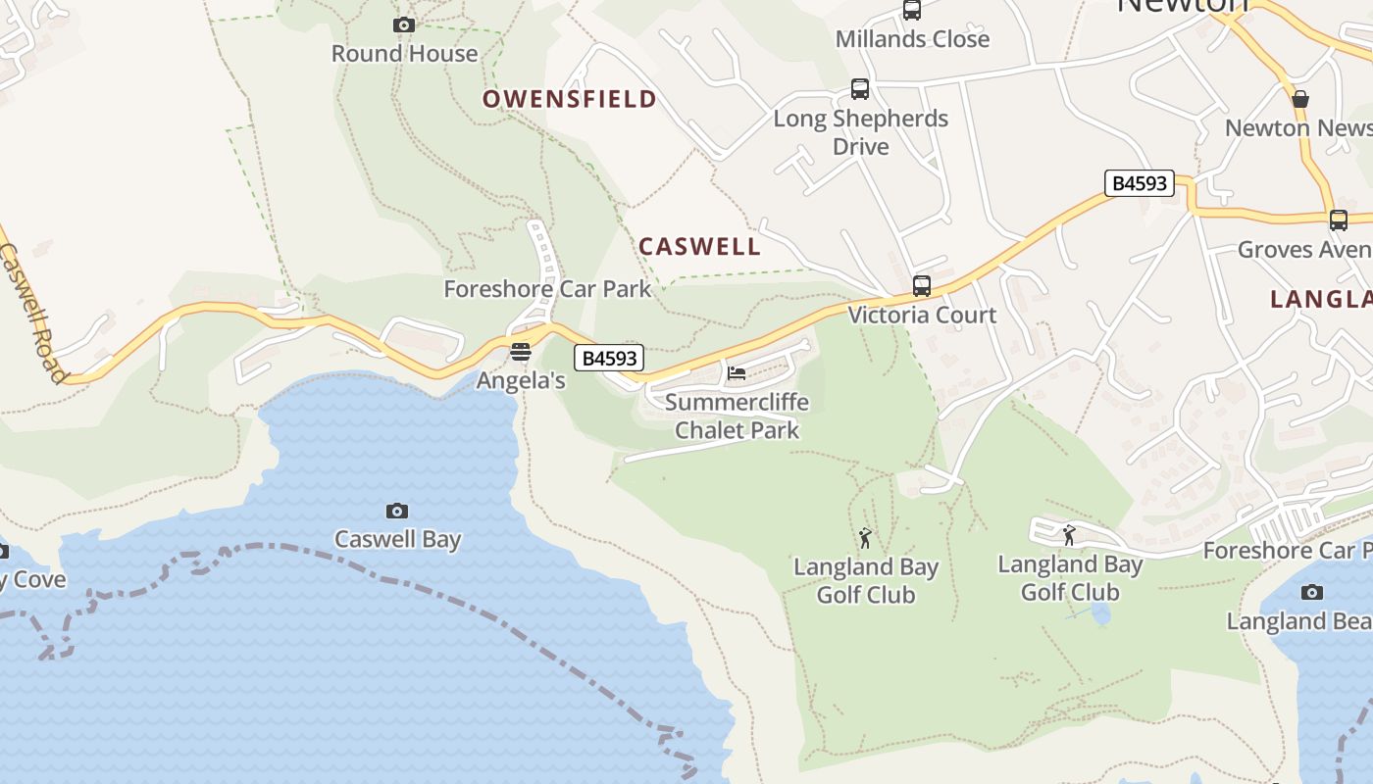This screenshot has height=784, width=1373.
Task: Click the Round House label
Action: (x=404, y=54)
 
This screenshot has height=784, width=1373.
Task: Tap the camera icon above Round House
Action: (x=404, y=24)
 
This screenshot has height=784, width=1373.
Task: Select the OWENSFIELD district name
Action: (x=569, y=99)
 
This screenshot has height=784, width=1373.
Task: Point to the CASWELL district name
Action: (x=699, y=247)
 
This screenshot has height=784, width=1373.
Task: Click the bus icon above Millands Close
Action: (x=912, y=11)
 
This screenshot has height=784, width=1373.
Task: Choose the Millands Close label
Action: (x=912, y=39)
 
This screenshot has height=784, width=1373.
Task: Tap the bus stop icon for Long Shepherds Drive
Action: (x=860, y=89)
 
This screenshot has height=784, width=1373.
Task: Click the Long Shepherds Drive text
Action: (x=861, y=132)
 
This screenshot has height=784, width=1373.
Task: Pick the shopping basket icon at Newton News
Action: (x=1300, y=99)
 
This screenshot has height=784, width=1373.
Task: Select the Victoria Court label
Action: (x=922, y=316)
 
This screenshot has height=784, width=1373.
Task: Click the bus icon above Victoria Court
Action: (x=922, y=286)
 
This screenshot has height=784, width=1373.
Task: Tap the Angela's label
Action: (x=521, y=381)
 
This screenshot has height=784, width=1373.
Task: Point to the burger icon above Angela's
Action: (x=521, y=352)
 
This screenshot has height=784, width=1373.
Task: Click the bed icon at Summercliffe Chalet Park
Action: (x=737, y=372)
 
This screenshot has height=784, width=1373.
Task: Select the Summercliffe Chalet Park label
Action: (x=737, y=416)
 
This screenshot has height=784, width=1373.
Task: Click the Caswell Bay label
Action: (x=397, y=539)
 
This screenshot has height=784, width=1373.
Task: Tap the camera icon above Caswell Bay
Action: (x=397, y=511)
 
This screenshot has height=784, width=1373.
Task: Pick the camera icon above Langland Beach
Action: (x=1312, y=592)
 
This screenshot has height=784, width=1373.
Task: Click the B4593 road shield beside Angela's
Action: (x=609, y=359)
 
